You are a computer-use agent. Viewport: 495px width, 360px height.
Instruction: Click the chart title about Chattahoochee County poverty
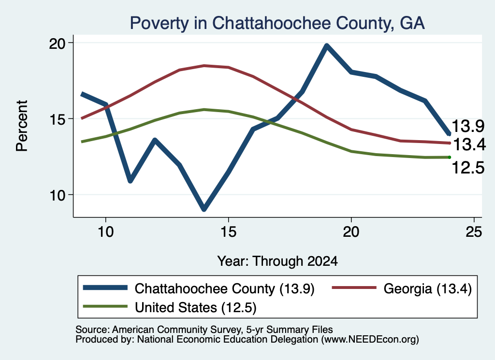point(277,23)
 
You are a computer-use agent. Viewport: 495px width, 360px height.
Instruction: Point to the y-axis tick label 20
point(57,43)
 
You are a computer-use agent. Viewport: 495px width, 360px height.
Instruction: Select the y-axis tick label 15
point(57,119)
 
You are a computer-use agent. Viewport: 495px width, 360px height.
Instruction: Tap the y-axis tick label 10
point(57,196)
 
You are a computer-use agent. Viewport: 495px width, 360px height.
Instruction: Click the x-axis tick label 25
point(474,232)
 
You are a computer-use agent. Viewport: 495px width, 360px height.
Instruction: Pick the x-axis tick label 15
point(228,232)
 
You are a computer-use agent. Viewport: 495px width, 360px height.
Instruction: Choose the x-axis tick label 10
point(105,232)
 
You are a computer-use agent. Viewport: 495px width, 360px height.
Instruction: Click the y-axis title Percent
point(22,126)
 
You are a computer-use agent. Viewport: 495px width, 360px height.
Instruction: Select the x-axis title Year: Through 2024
point(277,261)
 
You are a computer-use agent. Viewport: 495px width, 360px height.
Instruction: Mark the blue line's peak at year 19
point(327,46)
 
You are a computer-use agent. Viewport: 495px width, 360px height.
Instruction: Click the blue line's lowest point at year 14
point(204,209)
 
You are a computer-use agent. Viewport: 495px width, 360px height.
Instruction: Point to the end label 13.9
point(468,126)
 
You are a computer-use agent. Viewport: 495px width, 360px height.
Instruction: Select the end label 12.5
point(468,168)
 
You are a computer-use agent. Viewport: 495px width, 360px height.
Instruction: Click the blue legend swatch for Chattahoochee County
point(105,288)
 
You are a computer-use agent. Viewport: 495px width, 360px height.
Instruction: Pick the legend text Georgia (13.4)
point(427,288)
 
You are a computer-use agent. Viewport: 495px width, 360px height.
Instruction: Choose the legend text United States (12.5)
point(196,308)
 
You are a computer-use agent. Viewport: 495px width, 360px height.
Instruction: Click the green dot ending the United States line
point(450,157)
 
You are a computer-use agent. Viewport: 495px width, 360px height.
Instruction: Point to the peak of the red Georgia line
point(204,66)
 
